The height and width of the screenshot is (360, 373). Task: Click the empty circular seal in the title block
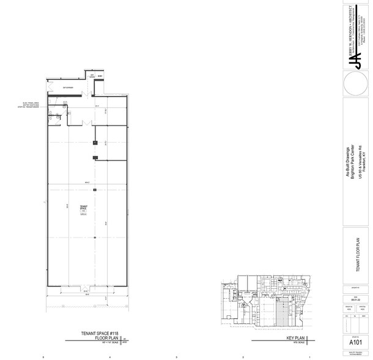(x=355, y=84)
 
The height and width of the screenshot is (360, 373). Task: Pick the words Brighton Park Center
(x=352, y=164)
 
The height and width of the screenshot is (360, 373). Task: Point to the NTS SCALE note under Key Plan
(x=292, y=342)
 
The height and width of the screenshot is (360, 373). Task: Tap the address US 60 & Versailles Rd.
(x=358, y=164)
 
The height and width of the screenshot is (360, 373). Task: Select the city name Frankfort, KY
(x=363, y=164)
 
